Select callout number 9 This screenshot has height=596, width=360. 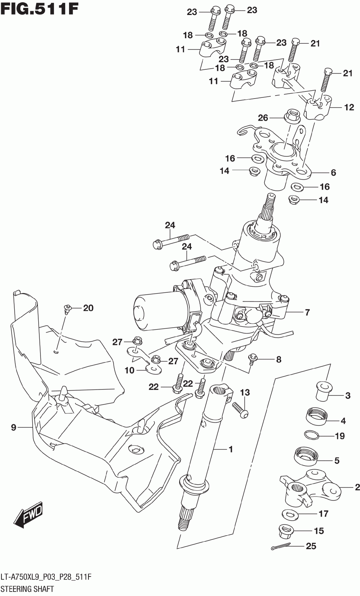[x=13, y=427]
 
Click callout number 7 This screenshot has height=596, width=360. [x=307, y=312]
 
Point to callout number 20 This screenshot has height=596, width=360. [x=88, y=308]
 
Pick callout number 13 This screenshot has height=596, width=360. [x=245, y=392]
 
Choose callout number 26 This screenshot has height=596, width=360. [x=263, y=118]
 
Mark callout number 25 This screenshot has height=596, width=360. [x=311, y=546]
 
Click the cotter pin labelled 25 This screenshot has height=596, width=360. [x=280, y=547]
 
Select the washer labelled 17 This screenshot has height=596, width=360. [x=290, y=514]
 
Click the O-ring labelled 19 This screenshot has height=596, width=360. [x=311, y=435]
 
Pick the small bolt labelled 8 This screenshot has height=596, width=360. [x=253, y=359]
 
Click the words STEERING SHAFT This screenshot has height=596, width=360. [x=27, y=589]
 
